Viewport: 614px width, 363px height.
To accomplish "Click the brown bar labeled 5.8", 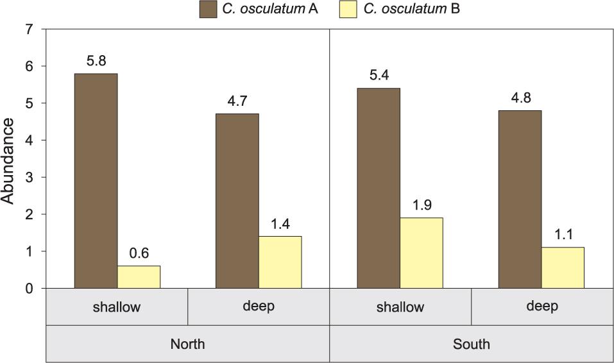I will point(96,181).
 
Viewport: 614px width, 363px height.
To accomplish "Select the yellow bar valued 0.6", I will point(139,277).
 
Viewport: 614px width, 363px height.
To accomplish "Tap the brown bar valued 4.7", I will point(237,201).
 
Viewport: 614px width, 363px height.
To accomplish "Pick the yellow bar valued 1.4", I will point(280,262).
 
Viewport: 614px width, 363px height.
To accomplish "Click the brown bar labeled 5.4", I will point(379,188).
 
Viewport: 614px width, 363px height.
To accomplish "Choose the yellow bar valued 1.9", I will point(422,253).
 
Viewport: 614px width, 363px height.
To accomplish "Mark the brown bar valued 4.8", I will point(520,199).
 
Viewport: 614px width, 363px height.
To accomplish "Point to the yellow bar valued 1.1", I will point(563,267).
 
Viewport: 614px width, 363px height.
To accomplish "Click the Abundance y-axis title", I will point(8,160).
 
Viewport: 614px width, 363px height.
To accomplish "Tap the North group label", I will point(187,344).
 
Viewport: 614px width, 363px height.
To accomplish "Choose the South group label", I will point(472,344).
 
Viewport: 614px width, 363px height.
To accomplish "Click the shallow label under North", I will point(117,307).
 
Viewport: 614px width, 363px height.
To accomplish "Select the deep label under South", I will point(542,306).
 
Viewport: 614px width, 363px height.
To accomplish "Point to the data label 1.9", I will point(422,206).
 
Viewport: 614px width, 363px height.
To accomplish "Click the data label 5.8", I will point(96,62).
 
